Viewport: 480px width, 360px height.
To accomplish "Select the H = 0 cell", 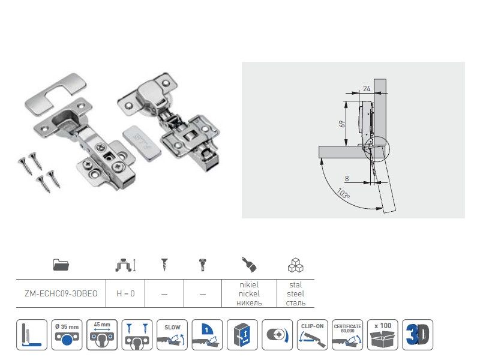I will pyautogui.click(x=125, y=294).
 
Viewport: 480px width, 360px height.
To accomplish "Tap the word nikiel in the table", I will pyautogui.click(x=248, y=285).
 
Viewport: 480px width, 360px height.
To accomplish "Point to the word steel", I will pyautogui.click(x=295, y=294).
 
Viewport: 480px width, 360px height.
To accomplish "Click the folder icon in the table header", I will pyautogui.click(x=61, y=264).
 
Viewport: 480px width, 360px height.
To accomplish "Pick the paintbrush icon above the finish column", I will pyautogui.click(x=248, y=264).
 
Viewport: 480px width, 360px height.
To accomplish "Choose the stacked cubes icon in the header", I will pyautogui.click(x=295, y=264).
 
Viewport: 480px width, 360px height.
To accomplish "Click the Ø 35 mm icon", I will pyautogui.click(x=67, y=334).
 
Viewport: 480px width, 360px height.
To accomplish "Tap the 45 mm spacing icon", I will pyautogui.click(x=102, y=334).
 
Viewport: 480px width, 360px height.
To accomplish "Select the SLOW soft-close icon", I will pyautogui.click(x=172, y=334).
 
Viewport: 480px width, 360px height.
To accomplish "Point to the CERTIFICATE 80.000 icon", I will pyautogui.click(x=347, y=334).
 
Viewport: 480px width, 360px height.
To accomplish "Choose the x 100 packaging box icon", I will pyautogui.click(x=382, y=334).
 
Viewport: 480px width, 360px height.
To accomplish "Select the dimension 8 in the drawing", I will pyautogui.click(x=346, y=178).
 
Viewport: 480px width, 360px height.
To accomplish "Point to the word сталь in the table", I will pyautogui.click(x=295, y=303).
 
